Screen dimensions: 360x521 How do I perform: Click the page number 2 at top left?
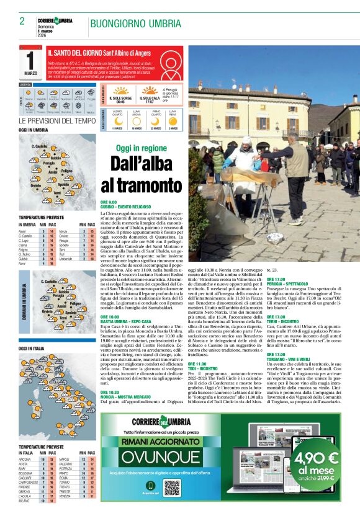point(22,22)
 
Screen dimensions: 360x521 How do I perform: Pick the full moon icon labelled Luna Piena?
point(173,120)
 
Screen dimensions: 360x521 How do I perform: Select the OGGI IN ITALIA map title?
point(31,349)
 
